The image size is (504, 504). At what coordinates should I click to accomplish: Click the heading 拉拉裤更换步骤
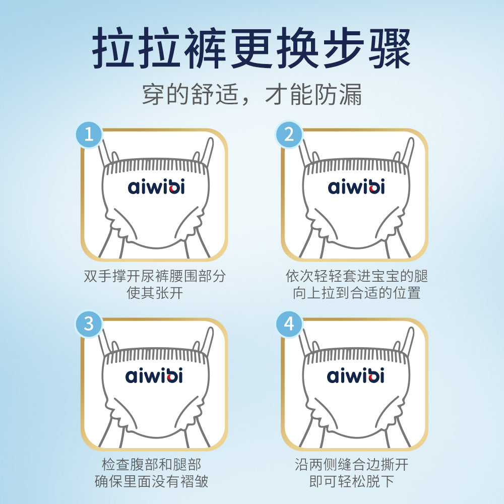pyautogui.click(x=251, y=48)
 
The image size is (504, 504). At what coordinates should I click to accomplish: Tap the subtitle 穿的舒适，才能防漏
pyautogui.click(x=251, y=95)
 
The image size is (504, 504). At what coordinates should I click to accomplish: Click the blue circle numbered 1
pyautogui.click(x=89, y=135)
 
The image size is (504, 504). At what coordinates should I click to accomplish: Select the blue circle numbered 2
pyautogui.click(x=289, y=135)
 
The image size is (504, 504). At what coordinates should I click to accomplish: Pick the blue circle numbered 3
pyautogui.click(x=89, y=324)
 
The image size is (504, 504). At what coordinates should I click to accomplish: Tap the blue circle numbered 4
pyautogui.click(x=289, y=324)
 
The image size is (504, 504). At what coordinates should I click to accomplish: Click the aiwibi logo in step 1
pyautogui.click(x=156, y=186)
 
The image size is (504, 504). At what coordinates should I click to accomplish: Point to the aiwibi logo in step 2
pyautogui.click(x=356, y=186)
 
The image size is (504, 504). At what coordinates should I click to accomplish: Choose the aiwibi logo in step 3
pyautogui.click(x=154, y=375)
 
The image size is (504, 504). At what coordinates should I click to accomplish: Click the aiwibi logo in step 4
pyautogui.click(x=355, y=375)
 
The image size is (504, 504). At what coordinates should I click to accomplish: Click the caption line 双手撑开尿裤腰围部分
pyautogui.click(x=155, y=276)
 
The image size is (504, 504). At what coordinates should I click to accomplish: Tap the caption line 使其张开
pyautogui.click(x=155, y=293)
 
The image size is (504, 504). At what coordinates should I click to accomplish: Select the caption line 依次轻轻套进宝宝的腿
pyautogui.click(x=357, y=276)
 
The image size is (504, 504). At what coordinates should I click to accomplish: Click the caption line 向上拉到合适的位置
pyautogui.click(x=357, y=293)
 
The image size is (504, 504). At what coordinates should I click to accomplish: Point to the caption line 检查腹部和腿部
pyautogui.click(x=151, y=465)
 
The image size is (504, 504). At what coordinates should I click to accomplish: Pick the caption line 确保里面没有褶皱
pyautogui.click(x=151, y=481)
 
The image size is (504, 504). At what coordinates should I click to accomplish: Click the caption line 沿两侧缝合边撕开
pyautogui.click(x=352, y=465)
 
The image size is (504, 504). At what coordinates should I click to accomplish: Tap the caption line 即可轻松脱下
pyautogui.click(x=352, y=481)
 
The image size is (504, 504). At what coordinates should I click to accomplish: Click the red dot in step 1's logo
pyautogui.click(x=173, y=189)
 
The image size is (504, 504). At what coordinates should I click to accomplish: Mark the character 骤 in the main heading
pyautogui.click(x=390, y=48)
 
